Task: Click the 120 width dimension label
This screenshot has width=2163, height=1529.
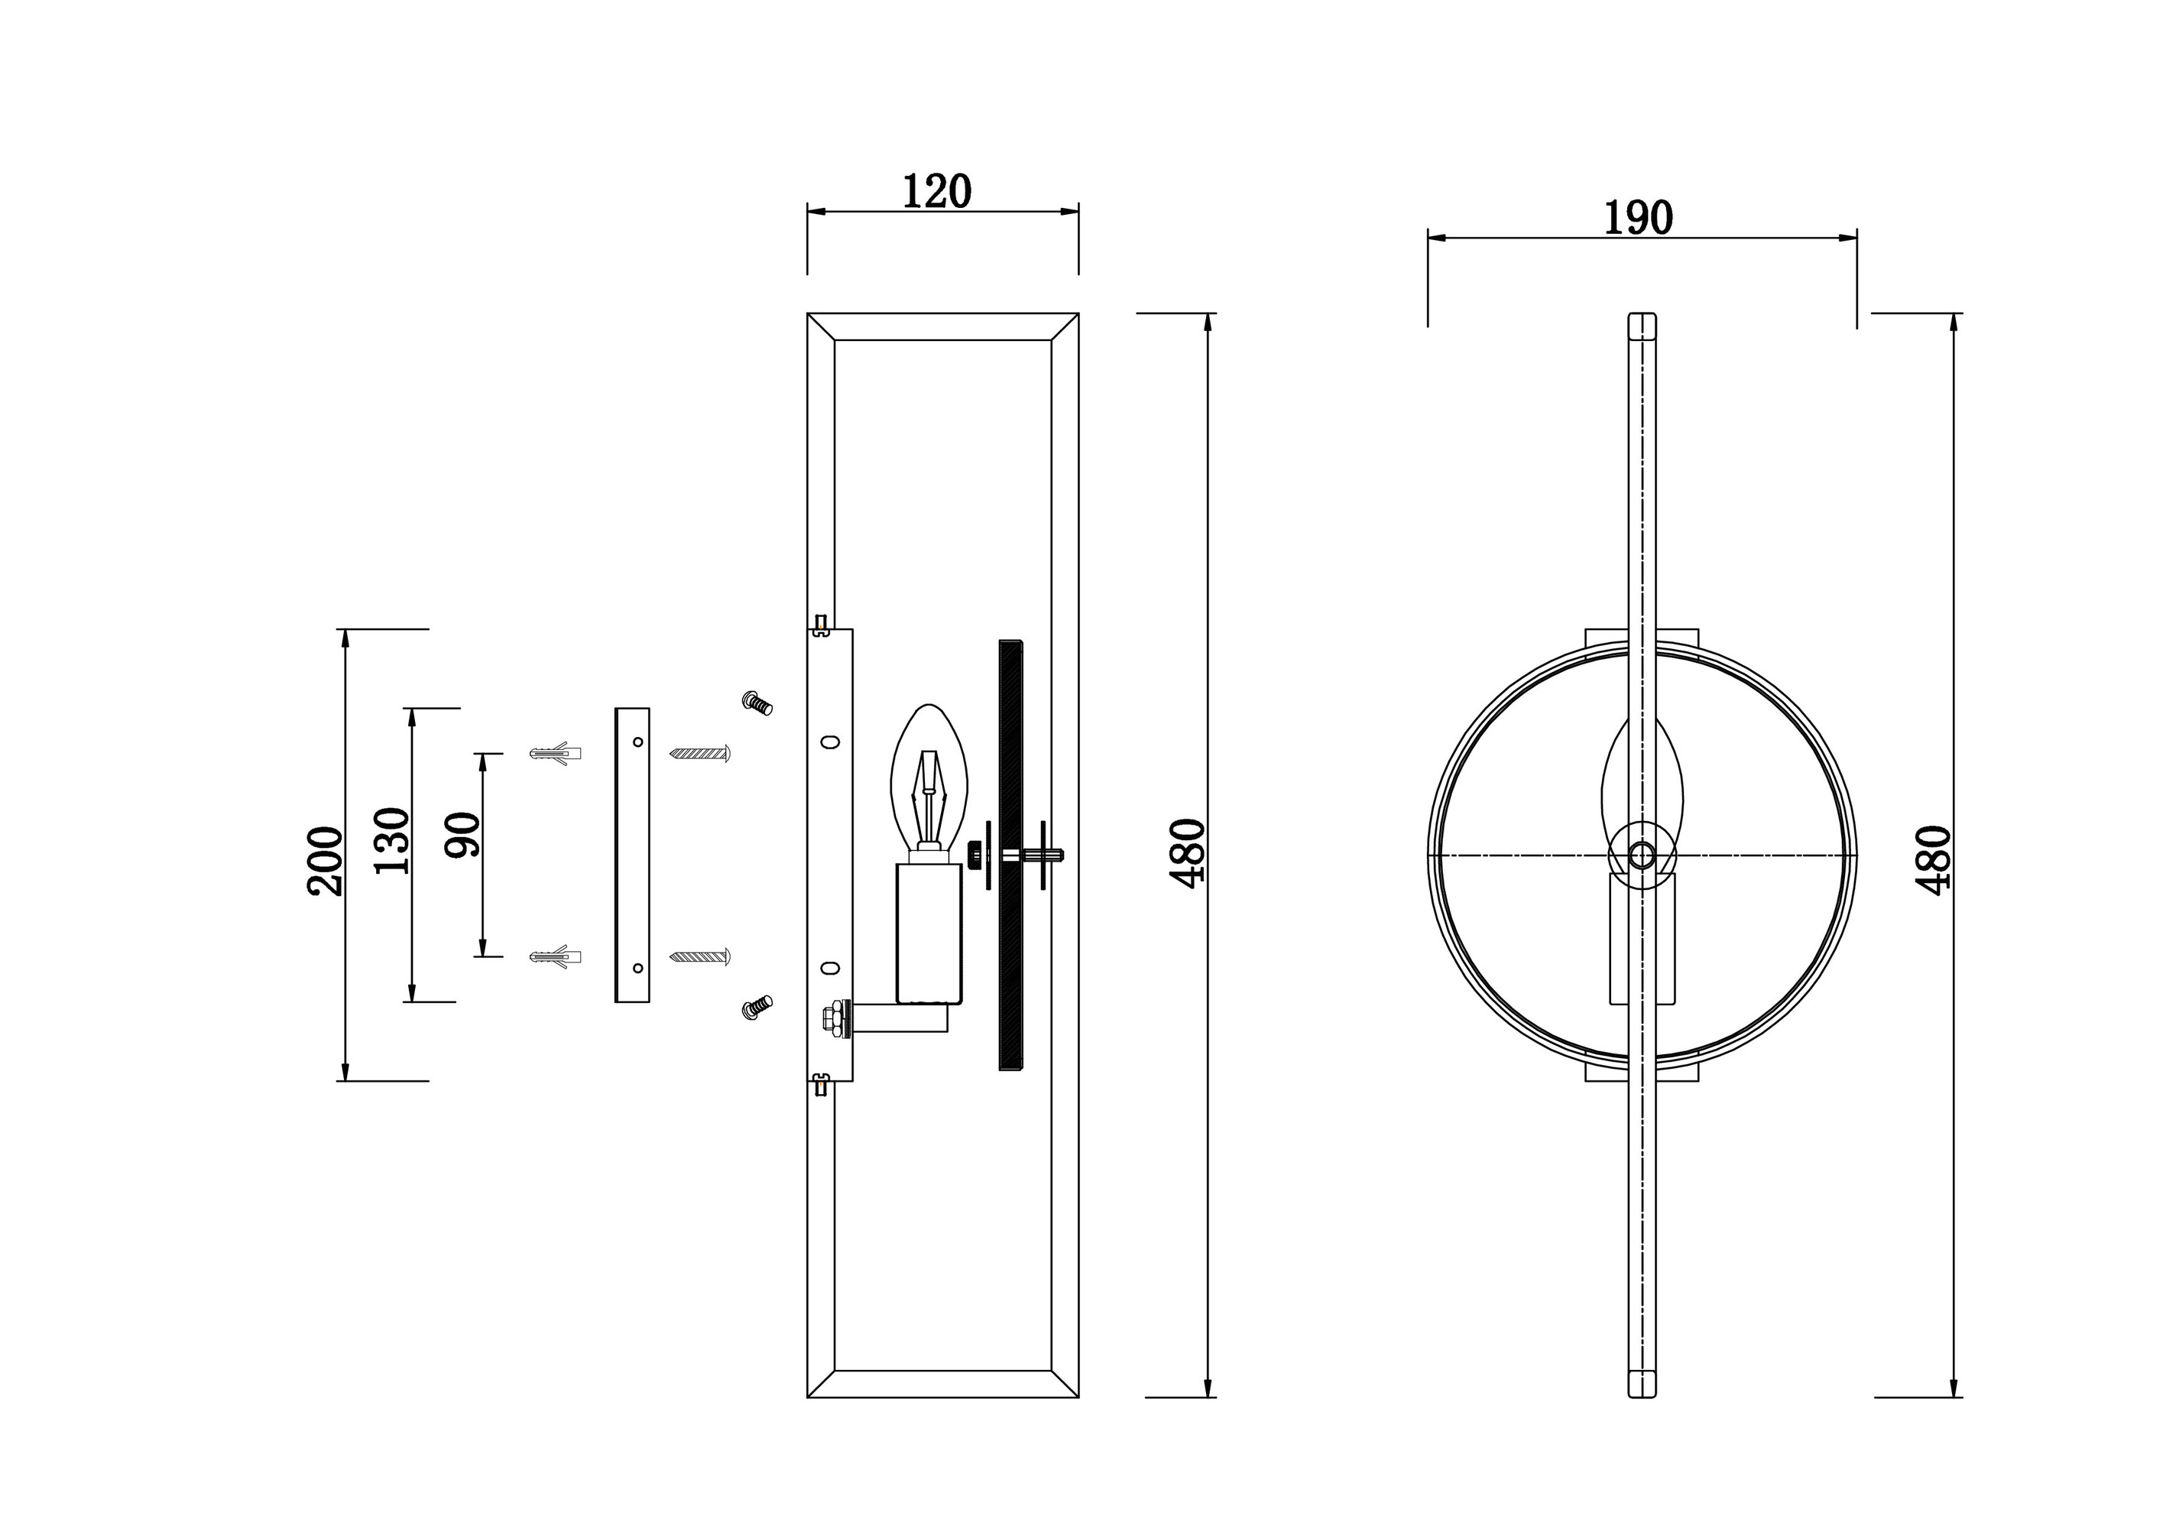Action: [936, 191]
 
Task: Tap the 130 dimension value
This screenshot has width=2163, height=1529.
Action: [393, 841]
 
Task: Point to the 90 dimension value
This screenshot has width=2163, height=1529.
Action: [462, 835]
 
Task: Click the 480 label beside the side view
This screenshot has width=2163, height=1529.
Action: [1187, 853]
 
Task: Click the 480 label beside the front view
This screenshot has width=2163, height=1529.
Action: [1932, 860]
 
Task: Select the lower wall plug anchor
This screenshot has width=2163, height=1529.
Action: [555, 957]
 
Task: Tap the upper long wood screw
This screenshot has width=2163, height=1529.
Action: [700, 754]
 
